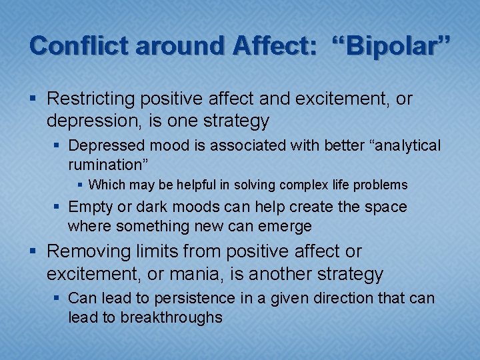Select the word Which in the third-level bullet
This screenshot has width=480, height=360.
(105, 185)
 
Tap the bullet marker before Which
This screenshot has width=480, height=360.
(80, 185)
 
